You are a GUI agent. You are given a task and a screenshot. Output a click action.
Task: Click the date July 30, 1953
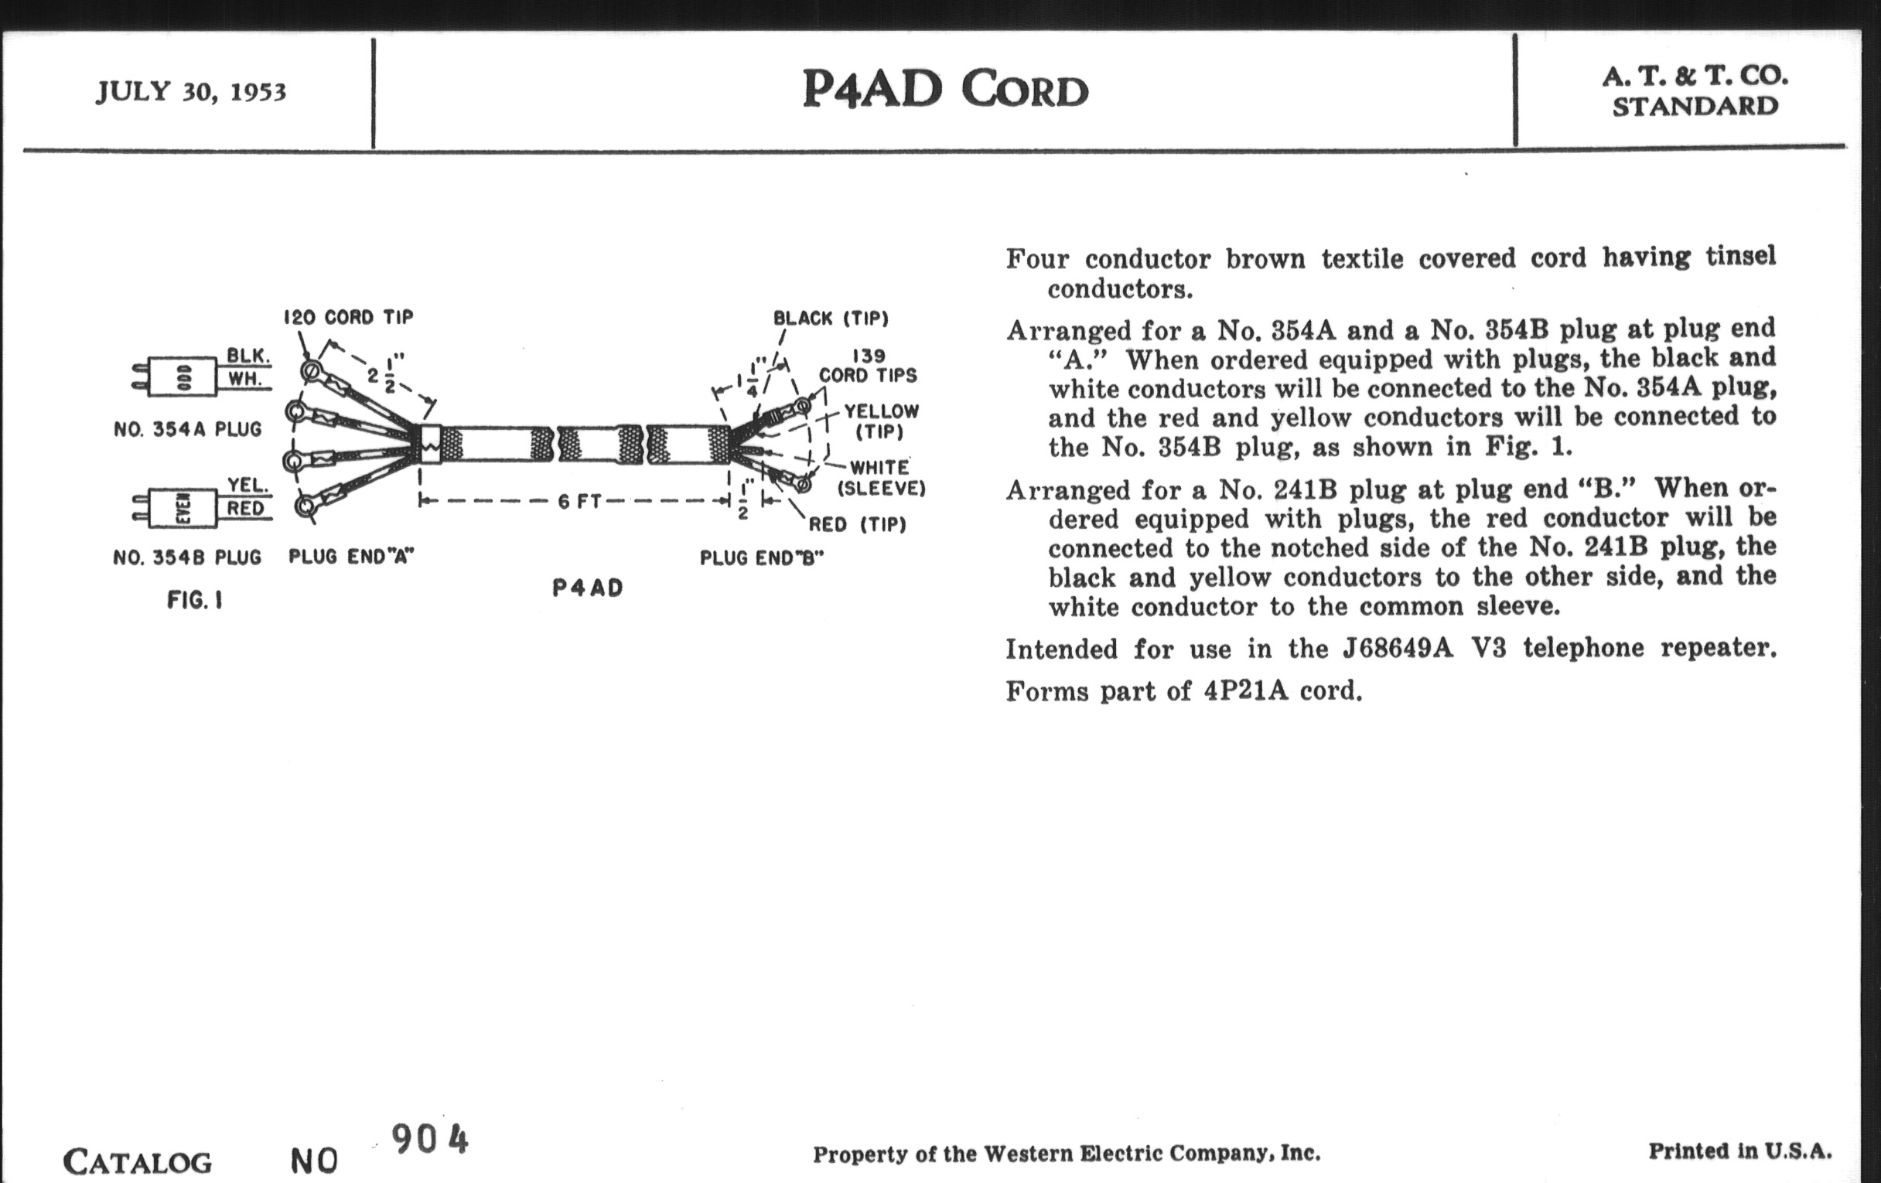pos(191,92)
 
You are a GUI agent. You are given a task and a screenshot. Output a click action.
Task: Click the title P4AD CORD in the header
pos(945,90)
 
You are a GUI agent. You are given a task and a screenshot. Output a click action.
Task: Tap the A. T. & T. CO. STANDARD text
pos(1695,90)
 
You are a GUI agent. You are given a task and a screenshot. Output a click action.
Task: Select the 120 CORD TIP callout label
pos(348,317)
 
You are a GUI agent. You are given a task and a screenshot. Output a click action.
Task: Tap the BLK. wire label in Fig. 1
pos(248,356)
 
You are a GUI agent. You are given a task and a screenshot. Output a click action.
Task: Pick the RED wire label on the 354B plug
pos(245,509)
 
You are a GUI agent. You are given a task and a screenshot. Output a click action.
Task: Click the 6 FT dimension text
pos(579,501)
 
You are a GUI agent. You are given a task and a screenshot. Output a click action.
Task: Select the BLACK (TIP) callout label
pos(831,319)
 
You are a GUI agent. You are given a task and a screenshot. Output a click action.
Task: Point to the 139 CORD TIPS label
pos(868,366)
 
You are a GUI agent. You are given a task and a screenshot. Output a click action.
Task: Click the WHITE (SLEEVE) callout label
pos(881,478)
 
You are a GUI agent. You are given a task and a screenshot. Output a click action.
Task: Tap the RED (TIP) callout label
pos(857,524)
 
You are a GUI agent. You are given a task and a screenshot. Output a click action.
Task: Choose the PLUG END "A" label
pos(350,557)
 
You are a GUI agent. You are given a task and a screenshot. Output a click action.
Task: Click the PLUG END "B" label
pos(762,557)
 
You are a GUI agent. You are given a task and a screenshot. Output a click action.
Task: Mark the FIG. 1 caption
pos(194,600)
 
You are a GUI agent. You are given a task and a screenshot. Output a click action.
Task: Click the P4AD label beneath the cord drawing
pos(587,588)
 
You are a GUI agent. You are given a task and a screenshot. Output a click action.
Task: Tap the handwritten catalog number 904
pos(429,1139)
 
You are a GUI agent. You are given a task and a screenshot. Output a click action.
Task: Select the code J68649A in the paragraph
pos(1398,649)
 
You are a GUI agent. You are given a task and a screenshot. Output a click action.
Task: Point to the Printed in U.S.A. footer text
pos(1739,1151)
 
